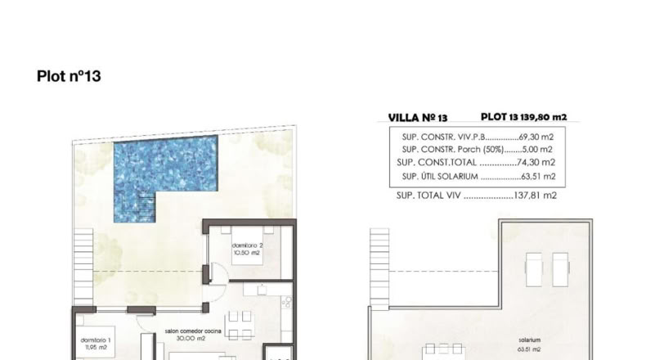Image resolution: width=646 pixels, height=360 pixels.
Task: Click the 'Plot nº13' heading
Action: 69,76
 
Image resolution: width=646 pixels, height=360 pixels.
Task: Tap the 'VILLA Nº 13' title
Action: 418,118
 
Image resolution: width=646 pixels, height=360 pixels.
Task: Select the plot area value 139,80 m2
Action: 544,117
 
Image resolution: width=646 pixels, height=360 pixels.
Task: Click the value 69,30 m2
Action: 536,137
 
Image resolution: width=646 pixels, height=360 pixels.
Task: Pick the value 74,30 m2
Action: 536,163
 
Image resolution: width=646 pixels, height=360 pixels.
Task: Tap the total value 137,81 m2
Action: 535,196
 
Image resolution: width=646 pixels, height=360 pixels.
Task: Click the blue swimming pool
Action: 166,169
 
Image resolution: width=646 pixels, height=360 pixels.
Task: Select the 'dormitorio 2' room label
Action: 247,245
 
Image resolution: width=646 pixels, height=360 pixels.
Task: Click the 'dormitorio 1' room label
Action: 96,340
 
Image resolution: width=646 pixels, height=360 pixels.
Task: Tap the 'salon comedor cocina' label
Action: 193,331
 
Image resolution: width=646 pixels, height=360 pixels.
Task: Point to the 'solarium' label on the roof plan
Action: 529,340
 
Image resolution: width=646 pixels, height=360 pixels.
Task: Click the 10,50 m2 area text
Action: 247,253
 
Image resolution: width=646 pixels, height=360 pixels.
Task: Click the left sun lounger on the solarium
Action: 533,269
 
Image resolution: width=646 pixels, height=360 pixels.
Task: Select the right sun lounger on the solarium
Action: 560,269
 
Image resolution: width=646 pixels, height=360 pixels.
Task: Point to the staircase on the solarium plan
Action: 379,268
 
